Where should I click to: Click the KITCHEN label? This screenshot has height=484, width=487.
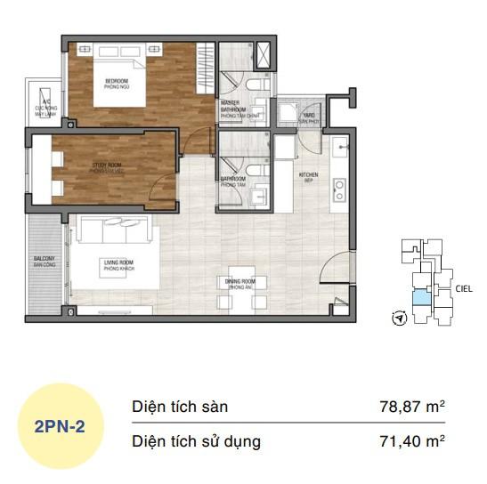[x=308, y=176]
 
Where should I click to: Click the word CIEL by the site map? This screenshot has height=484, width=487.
[x=464, y=288]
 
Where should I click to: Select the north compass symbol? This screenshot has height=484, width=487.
[x=399, y=317]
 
